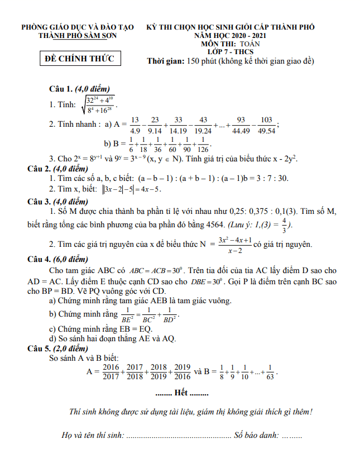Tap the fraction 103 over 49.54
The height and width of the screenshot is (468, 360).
click(x=266, y=125)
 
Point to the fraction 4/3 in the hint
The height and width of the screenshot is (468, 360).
click(x=285, y=225)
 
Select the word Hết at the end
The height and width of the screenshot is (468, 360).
click(x=181, y=393)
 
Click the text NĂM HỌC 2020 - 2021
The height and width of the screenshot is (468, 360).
click(x=231, y=35)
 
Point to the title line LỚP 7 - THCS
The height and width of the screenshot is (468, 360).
click(x=231, y=52)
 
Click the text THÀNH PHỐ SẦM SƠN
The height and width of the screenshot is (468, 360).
click(x=78, y=35)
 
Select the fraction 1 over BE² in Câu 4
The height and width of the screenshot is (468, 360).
click(x=127, y=315)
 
